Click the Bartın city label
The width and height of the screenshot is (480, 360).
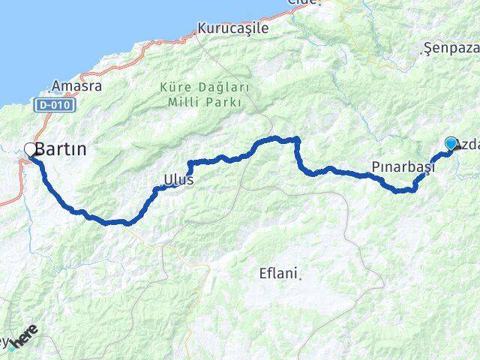64,149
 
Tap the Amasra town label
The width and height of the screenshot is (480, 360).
77,86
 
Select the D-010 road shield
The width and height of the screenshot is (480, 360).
52,106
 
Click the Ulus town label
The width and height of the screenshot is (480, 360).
178,180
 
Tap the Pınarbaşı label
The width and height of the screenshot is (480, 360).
403,166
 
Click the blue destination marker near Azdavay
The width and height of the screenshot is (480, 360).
451,143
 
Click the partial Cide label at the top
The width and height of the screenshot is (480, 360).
304,3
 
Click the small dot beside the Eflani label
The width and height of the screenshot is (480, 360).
301,276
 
